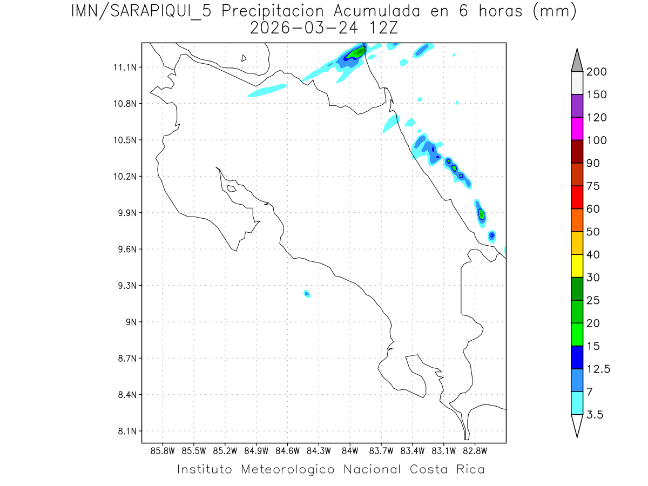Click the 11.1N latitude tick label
pos(124,67)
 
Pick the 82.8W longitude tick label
pos(475,450)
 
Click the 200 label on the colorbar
pos(597,72)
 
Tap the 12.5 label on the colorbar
pos(599,369)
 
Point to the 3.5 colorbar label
pos(596,415)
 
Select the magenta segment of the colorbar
pos(577,129)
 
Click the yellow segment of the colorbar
pos(577,266)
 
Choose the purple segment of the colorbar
pos(577,106)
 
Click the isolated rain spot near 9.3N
pos(307,294)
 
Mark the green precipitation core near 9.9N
pos(481,214)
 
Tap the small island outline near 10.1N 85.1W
pos(231,188)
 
